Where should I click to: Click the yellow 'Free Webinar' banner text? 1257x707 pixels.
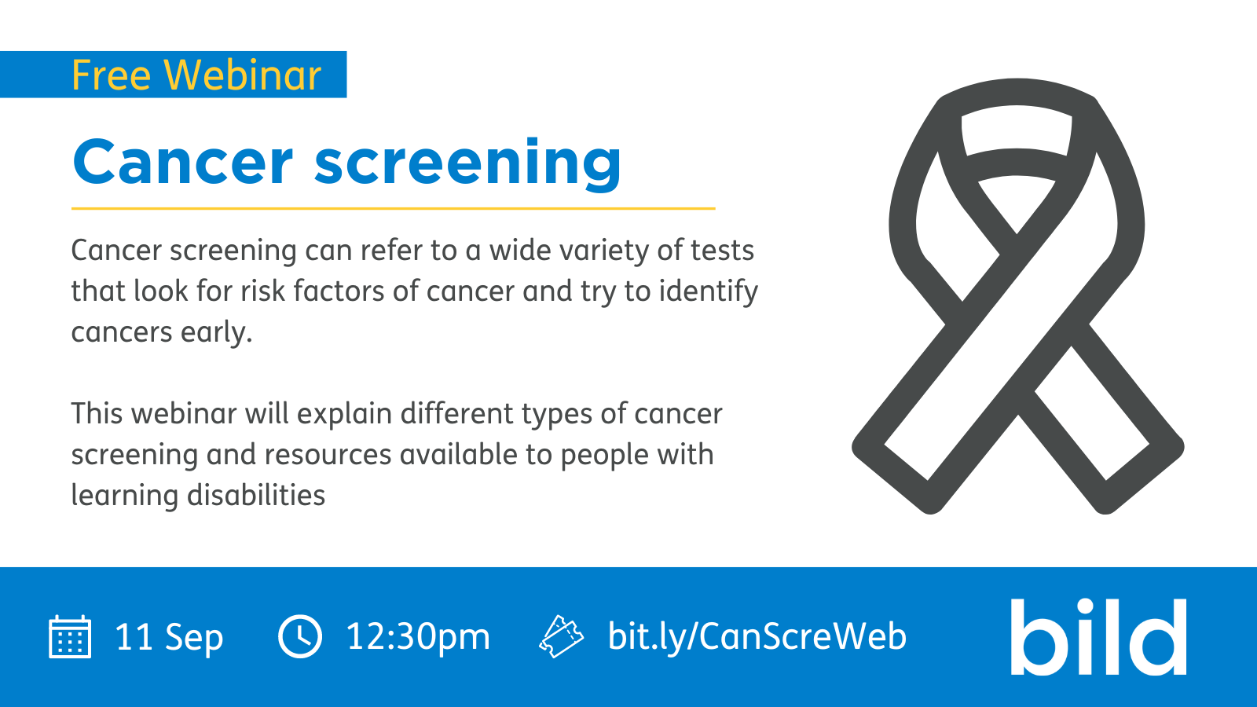[196, 75]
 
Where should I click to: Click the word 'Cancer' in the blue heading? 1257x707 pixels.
[183, 162]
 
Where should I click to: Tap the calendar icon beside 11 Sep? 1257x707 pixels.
[70, 636]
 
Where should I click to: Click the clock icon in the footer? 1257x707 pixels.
[300, 636]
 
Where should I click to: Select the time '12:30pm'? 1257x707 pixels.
[418, 638]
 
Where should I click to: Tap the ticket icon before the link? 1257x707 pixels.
[561, 636]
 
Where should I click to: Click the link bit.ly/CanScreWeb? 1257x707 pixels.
[757, 637]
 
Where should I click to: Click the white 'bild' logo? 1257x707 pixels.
[1098, 637]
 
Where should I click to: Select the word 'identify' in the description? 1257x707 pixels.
[708, 291]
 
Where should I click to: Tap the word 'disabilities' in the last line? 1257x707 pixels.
[256, 496]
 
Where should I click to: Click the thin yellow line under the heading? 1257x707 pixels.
[394, 209]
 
